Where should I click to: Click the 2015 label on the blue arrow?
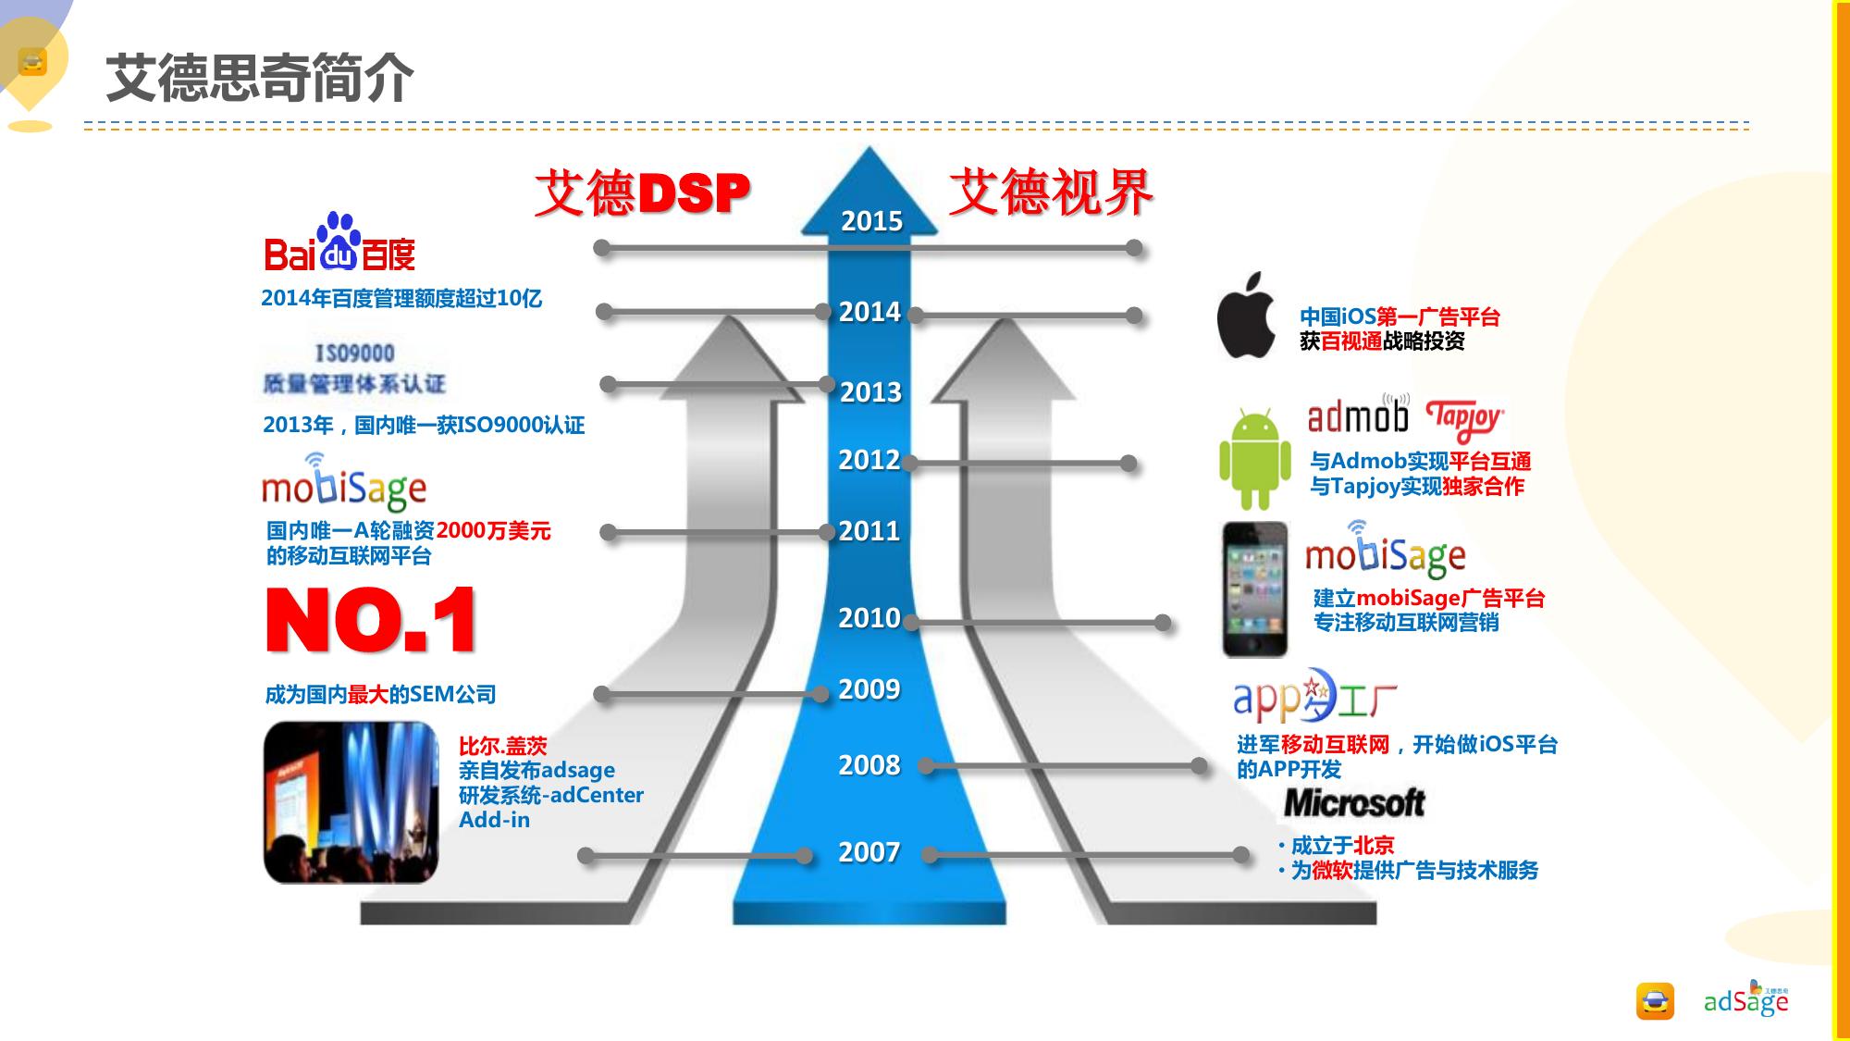click(871, 221)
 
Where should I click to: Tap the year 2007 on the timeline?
click(869, 852)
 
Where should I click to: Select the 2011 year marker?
click(869, 531)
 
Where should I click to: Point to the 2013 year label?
click(870, 392)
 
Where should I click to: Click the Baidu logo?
click(339, 245)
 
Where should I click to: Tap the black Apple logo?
click(1247, 316)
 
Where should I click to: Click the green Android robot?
click(1254, 459)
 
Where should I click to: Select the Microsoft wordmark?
click(1354, 803)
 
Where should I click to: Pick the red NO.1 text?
click(371, 620)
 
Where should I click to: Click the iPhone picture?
click(1254, 589)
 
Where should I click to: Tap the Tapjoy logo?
click(1464, 419)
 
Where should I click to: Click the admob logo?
click(1358, 416)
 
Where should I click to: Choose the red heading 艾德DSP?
click(641, 193)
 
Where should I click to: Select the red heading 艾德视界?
click(1051, 192)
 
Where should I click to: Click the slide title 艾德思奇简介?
click(260, 78)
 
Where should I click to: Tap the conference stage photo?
click(351, 802)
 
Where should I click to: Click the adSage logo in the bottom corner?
click(1745, 1000)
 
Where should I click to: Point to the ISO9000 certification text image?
click(354, 368)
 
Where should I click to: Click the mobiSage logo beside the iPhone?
click(1385, 552)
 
